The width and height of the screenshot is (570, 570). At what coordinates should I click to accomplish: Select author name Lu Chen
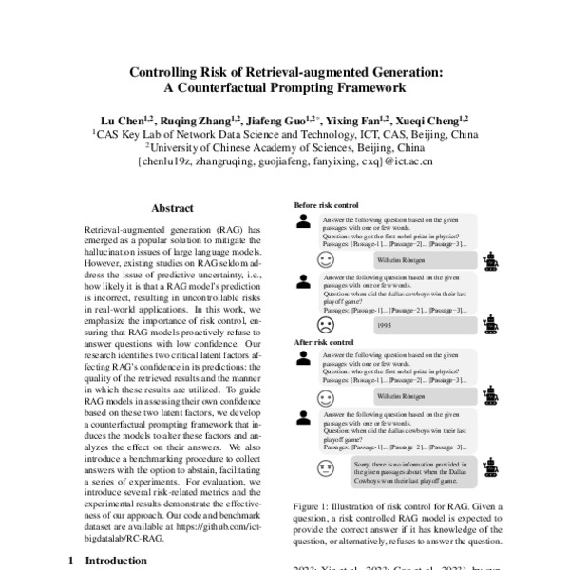click(x=126, y=121)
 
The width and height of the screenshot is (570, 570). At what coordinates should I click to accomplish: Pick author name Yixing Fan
click(x=356, y=121)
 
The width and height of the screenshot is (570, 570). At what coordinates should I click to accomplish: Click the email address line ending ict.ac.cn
click(x=284, y=162)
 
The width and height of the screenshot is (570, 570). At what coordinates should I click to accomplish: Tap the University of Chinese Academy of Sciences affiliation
click(x=284, y=148)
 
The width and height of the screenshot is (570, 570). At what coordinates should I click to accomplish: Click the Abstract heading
click(x=173, y=208)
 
